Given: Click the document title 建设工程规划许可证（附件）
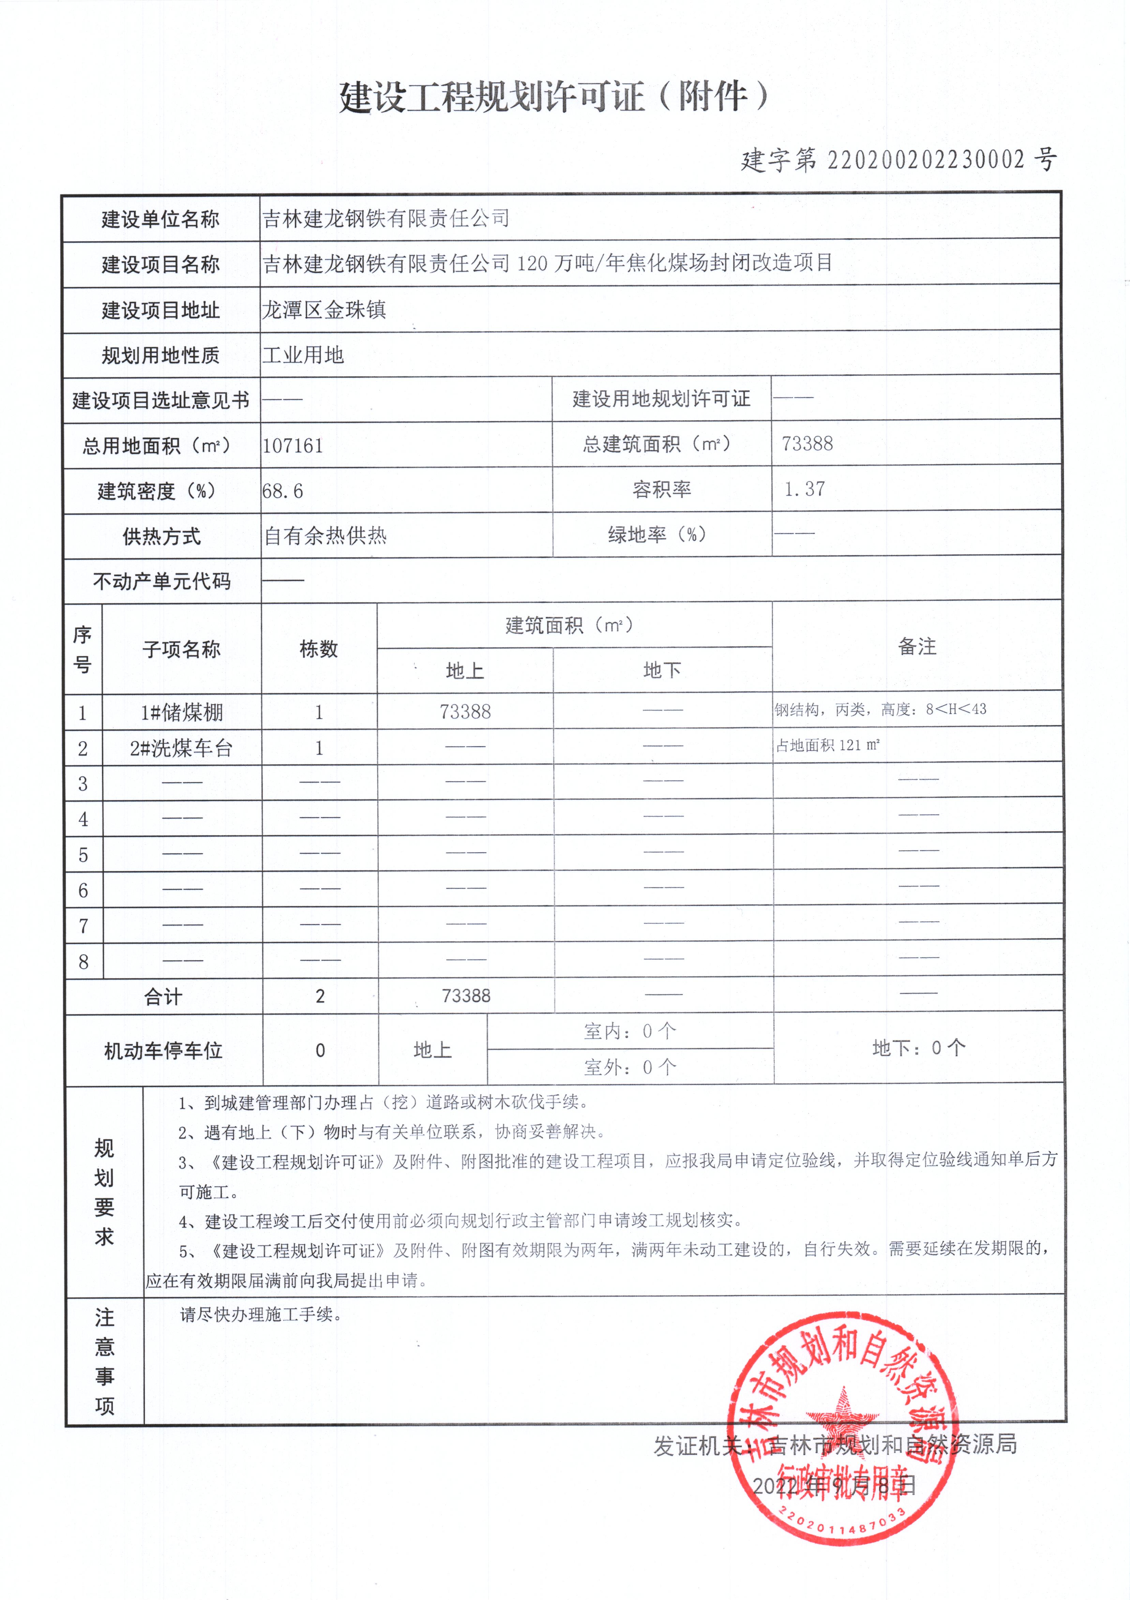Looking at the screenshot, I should (554, 96).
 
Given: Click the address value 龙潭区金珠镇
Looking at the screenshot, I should (324, 310).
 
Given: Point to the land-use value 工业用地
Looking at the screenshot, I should (303, 355).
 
